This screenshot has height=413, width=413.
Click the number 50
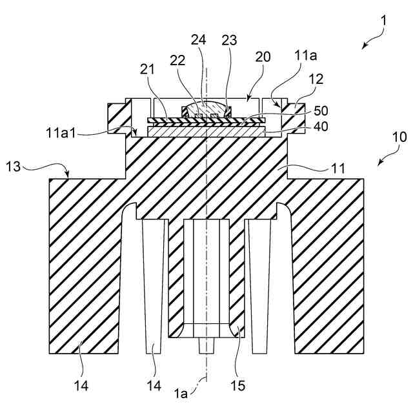point(320,110)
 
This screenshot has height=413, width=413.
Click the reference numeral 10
point(400,137)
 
